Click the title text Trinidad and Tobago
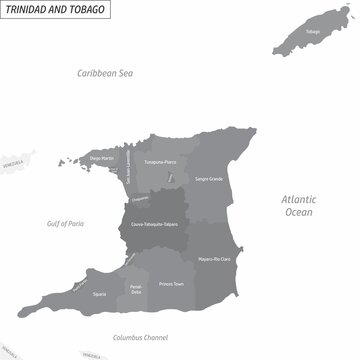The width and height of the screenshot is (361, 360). point(56,10)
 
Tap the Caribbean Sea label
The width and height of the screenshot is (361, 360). point(108,73)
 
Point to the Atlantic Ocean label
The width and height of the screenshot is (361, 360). point(297,205)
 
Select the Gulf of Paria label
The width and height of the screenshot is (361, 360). point(65,224)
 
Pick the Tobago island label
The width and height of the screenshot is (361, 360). point(313,31)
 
